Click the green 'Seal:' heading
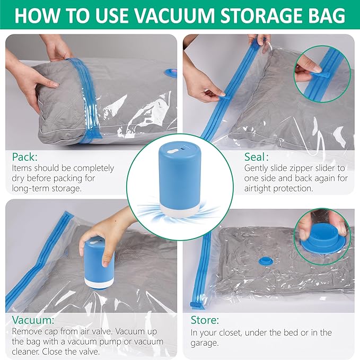coord(257,157)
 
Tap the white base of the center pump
coord(179,207)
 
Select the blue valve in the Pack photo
coord(171,72)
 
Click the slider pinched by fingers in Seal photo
coord(224,98)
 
